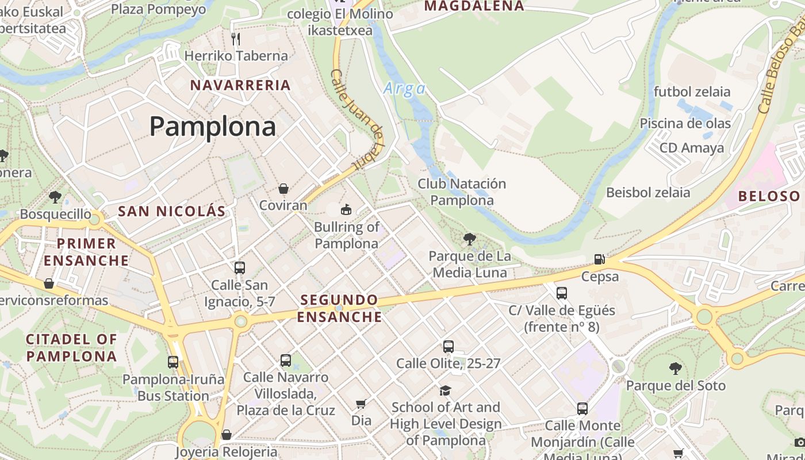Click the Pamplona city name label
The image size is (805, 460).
[x=213, y=126]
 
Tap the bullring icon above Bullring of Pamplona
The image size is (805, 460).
[x=346, y=210]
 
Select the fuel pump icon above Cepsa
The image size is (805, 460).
[x=599, y=259]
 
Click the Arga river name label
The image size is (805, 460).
[x=405, y=89]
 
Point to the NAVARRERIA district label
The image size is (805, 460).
[x=240, y=85]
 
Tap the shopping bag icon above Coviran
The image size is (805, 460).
[x=283, y=189]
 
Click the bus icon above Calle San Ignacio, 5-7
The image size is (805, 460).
[x=240, y=268]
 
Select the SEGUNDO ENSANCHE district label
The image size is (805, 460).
[x=340, y=308]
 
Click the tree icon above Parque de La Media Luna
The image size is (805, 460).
[x=470, y=239]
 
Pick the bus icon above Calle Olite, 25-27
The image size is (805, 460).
[x=448, y=347]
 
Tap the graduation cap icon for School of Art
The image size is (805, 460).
[x=445, y=391]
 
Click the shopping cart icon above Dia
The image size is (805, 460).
[x=361, y=404]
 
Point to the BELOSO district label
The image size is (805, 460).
[x=769, y=196]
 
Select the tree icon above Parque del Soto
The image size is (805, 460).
[x=676, y=369]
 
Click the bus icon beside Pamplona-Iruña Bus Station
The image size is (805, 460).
[x=173, y=362]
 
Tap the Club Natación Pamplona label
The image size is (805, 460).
[x=462, y=192]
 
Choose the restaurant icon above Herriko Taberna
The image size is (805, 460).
[x=236, y=39]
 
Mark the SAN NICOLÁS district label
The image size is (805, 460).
[x=172, y=211]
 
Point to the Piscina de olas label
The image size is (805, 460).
[x=685, y=124]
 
